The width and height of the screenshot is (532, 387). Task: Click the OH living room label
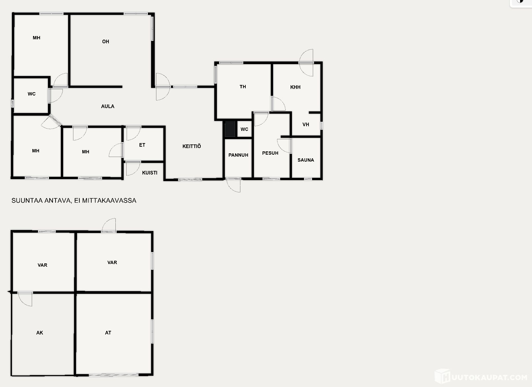[106, 42]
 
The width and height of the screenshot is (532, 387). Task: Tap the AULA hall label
[107, 106]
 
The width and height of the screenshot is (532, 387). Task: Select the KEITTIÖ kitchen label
[192, 146]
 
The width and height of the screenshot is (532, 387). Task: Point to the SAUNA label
[306, 160]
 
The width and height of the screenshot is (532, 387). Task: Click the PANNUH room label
[238, 155]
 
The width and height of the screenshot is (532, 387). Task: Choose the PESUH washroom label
[270, 153]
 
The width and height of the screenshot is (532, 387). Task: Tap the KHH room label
[295, 87]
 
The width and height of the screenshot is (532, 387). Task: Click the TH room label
[243, 87]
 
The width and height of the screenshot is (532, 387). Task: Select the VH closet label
[306, 124]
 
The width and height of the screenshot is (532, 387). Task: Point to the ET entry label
[142, 145]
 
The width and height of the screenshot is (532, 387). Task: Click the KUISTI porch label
[150, 173]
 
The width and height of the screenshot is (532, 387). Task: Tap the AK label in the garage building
[40, 332]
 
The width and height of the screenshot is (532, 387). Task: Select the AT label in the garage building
[108, 332]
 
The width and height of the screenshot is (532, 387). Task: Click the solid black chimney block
[230, 129]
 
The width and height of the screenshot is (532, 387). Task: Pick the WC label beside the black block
[244, 129]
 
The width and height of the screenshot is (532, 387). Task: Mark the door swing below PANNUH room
[233, 185]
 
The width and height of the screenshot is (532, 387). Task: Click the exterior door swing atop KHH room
[306, 63]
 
